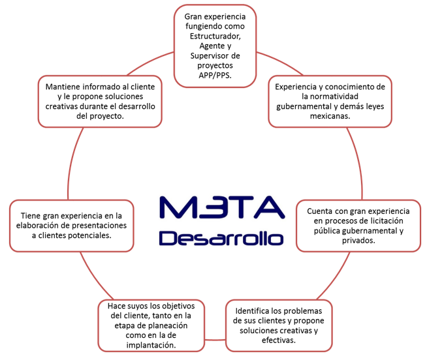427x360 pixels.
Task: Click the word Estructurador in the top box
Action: click(x=215, y=36)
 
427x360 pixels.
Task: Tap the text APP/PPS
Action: click(x=215, y=76)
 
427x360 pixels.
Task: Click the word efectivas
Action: click(x=279, y=340)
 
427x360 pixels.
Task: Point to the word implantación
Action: click(x=151, y=345)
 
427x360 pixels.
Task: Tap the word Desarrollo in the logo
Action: click(x=221, y=237)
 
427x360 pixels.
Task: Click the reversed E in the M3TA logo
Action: click(x=210, y=206)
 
